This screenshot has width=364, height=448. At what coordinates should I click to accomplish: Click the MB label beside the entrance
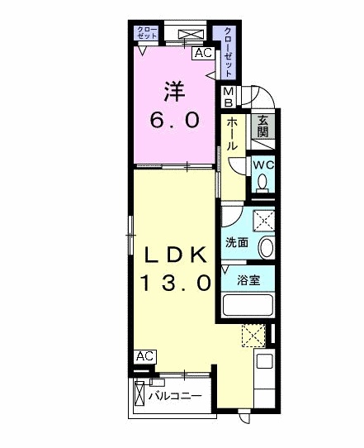229,98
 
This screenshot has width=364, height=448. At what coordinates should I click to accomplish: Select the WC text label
262,164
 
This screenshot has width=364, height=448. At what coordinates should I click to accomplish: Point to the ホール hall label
233,132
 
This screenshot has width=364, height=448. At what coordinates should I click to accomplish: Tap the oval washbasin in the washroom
265,246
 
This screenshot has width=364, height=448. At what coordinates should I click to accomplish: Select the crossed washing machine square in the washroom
262,221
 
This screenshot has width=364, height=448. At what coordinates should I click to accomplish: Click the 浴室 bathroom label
248,279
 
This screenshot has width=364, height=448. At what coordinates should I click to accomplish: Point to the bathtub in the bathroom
248,305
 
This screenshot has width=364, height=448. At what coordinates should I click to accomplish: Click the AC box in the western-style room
201,53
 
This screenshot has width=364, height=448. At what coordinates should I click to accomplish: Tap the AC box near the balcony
144,355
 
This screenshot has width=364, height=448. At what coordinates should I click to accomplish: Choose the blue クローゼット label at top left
149,33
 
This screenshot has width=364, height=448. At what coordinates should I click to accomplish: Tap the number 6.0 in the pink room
173,120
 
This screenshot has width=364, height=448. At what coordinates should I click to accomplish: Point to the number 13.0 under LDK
174,283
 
